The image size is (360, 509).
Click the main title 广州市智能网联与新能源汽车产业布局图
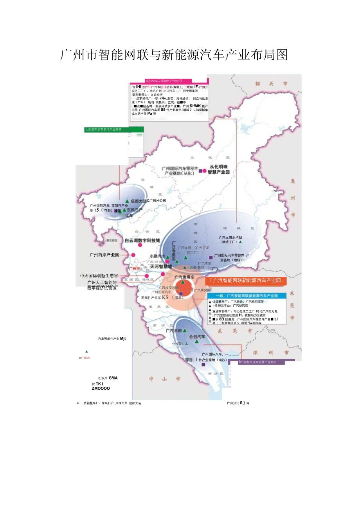tap(174, 55)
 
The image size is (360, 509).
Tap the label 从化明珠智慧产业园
tap(218, 169)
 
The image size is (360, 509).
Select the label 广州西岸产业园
tap(104, 255)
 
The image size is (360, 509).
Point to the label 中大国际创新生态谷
tap(99, 276)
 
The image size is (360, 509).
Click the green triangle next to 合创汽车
tap(197, 342)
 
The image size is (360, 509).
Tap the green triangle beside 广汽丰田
tap(185, 331)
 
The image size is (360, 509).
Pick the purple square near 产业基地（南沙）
tap(203, 364)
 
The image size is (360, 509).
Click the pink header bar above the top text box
tap(166, 81)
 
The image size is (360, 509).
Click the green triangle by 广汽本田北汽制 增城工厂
tap(241, 242)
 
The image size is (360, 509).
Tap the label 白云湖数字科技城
tap(142, 240)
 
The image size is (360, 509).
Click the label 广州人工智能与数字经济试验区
tap(102, 285)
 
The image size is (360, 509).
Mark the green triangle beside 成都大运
tap(127, 201)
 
